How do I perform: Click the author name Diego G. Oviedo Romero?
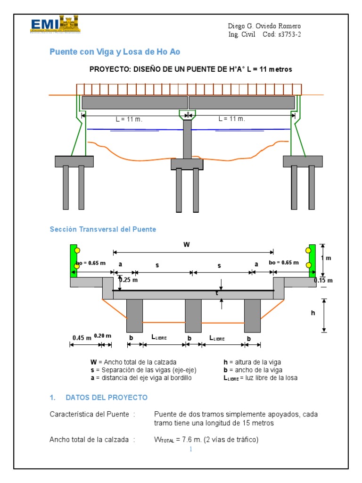pos(264,26)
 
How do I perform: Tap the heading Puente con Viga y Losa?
pos(115,51)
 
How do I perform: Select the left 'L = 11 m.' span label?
pos(129,119)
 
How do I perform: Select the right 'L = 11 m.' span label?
pos(231,119)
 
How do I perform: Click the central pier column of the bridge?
pos(187,139)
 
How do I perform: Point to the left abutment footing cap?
pos(74,161)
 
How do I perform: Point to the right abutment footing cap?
pos(303,161)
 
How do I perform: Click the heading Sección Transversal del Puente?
pos(103,229)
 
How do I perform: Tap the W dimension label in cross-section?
pos(187,245)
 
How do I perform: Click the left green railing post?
pos(74,260)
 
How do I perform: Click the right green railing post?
pos(312,260)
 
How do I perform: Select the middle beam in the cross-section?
pos(193,315)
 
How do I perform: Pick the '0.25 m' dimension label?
pos(128,280)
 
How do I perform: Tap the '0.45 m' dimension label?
pos(81,337)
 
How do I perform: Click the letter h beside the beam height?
pos(312,313)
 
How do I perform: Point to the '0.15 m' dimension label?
pos(323,281)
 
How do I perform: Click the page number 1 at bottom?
pos(191,450)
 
